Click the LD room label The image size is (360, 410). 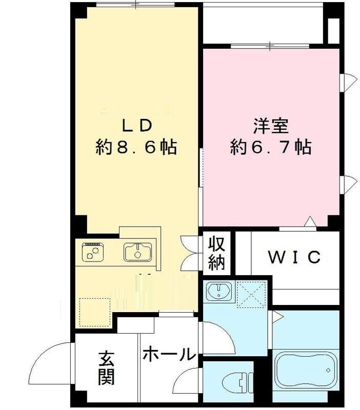point(136,125)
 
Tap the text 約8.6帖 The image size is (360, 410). point(136,148)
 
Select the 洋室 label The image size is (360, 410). point(270,125)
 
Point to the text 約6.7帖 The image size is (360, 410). point(270,148)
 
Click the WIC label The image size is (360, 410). point(295,256)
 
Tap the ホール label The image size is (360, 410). point(169,354)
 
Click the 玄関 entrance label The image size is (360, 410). point(107,368)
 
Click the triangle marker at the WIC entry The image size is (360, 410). point(310,222)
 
